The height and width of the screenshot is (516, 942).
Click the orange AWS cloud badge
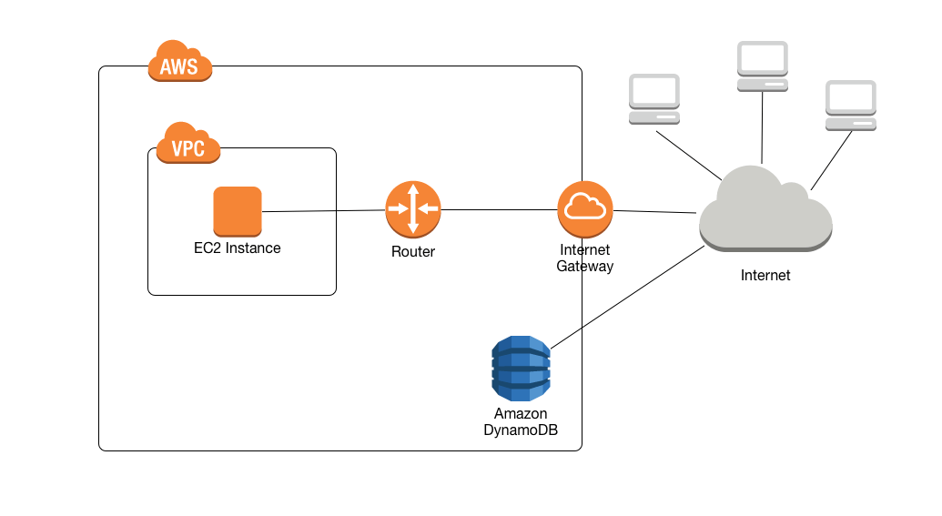coord(180,63)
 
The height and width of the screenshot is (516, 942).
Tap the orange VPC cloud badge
coord(188,145)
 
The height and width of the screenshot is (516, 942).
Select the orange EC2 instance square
coord(238,211)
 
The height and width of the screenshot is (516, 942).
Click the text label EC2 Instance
coord(238,248)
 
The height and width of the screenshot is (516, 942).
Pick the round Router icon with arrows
coord(412,209)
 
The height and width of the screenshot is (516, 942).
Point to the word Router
coord(413,251)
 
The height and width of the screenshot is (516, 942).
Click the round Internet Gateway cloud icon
coord(585,209)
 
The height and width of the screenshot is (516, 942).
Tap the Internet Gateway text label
coord(585,258)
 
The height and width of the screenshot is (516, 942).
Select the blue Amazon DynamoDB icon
coord(521,369)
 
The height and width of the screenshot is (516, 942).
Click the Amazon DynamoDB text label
coord(521,421)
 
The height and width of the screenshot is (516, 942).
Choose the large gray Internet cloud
coord(765,211)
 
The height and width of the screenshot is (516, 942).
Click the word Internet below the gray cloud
coord(765,275)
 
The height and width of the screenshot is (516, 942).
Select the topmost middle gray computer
coord(762,66)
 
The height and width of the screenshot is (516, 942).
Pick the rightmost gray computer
coord(850,106)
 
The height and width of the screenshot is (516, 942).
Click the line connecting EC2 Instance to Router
coord(323,211)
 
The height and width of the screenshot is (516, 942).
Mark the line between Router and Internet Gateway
coord(499,210)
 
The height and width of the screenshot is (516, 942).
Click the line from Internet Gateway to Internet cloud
coord(655,211)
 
